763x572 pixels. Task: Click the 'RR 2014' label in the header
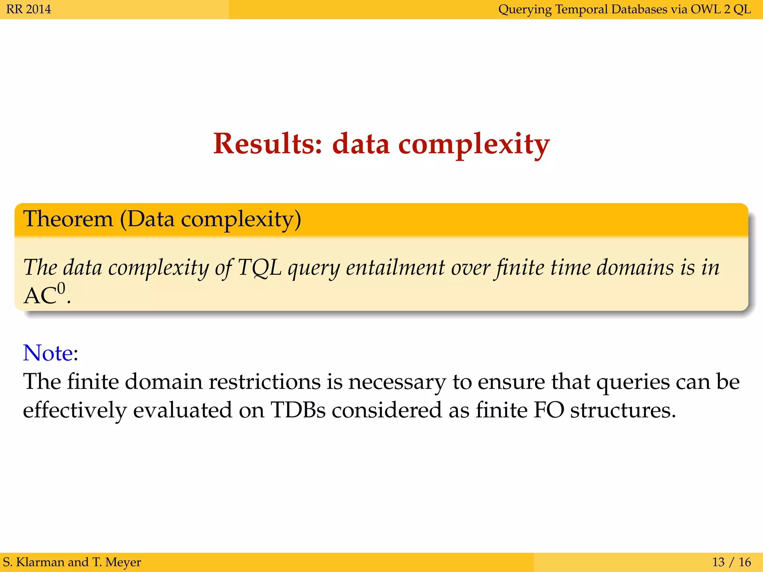point(29,9)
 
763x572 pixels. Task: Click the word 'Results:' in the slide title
point(267,144)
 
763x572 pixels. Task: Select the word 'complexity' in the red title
point(474,144)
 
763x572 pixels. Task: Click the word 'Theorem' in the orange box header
point(68,219)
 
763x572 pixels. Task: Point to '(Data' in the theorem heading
point(147,219)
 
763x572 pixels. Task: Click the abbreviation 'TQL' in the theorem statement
point(260,267)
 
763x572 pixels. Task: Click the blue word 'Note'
point(48,353)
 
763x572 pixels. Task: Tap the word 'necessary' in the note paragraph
point(397,382)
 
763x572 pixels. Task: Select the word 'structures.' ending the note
point(623,410)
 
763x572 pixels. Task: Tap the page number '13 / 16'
point(731,562)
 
